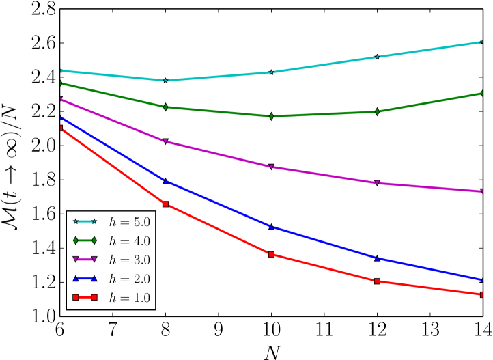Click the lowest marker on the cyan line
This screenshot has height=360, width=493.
(165, 81)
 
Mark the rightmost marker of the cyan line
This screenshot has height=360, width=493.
(482, 42)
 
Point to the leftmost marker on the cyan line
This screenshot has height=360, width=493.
(61, 71)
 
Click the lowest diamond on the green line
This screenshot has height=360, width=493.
(271, 116)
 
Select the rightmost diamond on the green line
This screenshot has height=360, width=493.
(482, 93)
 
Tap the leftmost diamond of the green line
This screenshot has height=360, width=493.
(61, 83)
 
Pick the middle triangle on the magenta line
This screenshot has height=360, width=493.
(271, 167)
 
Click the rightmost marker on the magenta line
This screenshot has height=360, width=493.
(482, 191)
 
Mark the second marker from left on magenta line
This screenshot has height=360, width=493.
(165, 141)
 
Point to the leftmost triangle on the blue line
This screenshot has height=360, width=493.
(61, 118)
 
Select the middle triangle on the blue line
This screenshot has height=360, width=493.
(271, 226)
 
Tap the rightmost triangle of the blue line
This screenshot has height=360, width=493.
(482, 279)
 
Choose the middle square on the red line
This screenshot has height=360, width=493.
(271, 254)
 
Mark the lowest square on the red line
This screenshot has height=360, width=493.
(482, 294)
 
